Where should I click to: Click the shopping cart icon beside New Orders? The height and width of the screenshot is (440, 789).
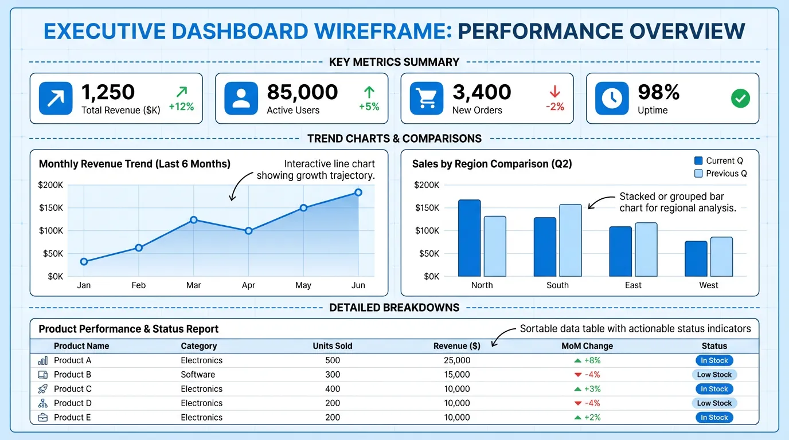click(x=427, y=98)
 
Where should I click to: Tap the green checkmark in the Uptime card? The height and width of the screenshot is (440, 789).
click(x=740, y=98)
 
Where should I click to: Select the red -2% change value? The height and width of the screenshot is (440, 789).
click(x=555, y=107)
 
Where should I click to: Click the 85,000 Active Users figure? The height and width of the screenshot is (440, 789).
click(x=302, y=92)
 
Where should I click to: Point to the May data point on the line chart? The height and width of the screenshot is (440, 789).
click(x=303, y=208)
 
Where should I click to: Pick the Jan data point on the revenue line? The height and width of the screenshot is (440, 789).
click(x=84, y=262)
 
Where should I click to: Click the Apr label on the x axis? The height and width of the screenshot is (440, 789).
click(x=248, y=285)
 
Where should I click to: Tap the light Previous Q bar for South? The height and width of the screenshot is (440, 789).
click(x=570, y=240)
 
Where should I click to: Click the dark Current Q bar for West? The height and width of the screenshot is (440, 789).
click(x=696, y=258)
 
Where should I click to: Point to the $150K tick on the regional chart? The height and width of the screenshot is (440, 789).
click(x=427, y=208)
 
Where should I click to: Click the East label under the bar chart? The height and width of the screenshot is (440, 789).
click(x=633, y=285)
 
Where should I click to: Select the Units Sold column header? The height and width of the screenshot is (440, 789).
click(x=333, y=346)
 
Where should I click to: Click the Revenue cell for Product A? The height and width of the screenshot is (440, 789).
click(x=457, y=360)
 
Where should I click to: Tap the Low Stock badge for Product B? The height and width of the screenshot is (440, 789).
click(x=714, y=375)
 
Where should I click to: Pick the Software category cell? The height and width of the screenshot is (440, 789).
click(x=198, y=375)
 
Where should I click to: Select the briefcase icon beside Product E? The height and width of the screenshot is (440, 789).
click(x=43, y=418)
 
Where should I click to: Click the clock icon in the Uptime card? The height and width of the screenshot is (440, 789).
click(x=612, y=98)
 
